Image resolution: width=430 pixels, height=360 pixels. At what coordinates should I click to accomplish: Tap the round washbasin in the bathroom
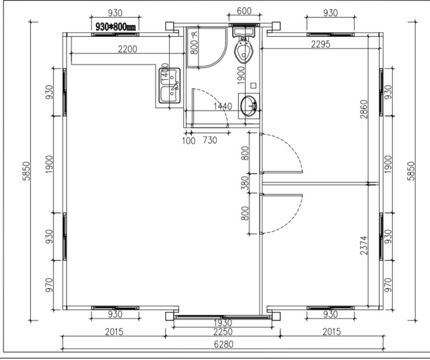click(249, 106)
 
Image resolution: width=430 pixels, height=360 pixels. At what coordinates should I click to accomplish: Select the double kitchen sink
click(170, 86)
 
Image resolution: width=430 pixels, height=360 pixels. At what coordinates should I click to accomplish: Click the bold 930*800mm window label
click(115, 27)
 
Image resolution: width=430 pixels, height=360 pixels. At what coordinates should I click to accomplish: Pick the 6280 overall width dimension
click(224, 344)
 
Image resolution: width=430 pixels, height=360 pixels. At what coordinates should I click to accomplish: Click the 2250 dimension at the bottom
click(222, 332)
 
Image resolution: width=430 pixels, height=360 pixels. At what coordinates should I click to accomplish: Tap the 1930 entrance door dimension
click(222, 323)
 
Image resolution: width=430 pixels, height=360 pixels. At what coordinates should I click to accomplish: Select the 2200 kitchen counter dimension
click(127, 49)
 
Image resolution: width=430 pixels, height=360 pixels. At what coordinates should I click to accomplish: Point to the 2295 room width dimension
click(320, 44)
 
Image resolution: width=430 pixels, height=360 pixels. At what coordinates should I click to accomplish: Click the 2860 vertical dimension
click(364, 109)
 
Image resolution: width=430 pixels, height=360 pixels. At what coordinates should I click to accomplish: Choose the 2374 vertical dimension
click(364, 245)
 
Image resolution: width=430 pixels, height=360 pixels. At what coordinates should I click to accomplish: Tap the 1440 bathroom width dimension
click(222, 106)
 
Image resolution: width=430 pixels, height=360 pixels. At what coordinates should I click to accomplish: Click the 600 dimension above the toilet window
click(244, 11)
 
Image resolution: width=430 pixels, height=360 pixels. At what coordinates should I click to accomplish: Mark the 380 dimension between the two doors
click(245, 183)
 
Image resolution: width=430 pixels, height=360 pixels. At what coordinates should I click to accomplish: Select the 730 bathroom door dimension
click(210, 140)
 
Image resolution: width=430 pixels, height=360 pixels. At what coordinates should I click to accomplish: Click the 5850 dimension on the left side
click(26, 171)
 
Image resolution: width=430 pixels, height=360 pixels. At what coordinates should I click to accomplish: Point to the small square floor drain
click(253, 85)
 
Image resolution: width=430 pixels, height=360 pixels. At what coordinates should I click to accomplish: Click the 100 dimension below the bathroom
click(189, 140)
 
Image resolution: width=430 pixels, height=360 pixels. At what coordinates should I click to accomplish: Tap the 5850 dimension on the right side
click(411, 171)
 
